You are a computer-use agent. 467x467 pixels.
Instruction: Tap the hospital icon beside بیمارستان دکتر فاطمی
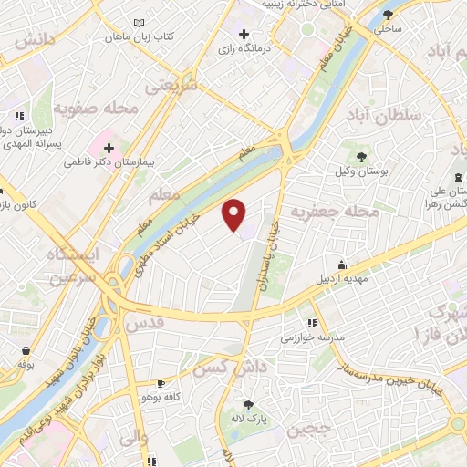click(x=109, y=147)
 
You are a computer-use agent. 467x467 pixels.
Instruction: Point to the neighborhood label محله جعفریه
click(x=334, y=212)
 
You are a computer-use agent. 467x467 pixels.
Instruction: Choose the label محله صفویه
click(x=96, y=108)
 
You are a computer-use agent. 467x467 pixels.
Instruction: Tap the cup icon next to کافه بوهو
click(x=161, y=384)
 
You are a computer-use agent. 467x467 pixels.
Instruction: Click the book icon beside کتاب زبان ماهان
click(x=138, y=22)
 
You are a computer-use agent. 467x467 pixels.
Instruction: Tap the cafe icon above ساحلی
click(x=389, y=14)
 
